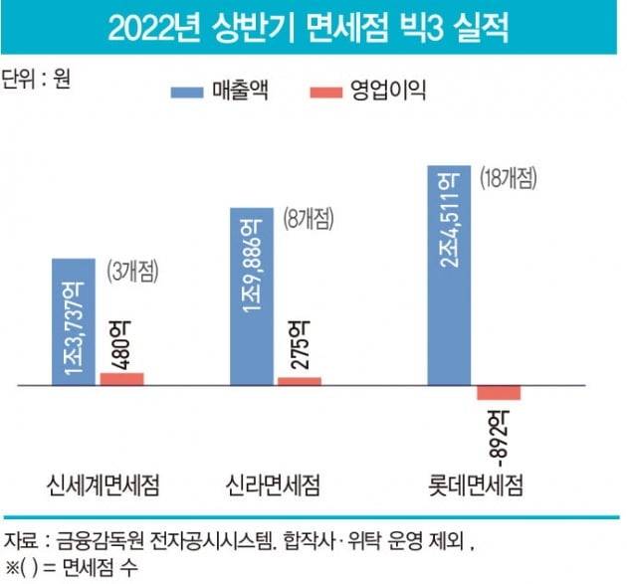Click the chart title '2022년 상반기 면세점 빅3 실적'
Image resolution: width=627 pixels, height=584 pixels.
tap(313, 27)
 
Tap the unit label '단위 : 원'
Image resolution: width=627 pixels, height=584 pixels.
tap(39, 79)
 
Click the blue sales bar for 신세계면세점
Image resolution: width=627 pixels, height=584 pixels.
tap(75, 320)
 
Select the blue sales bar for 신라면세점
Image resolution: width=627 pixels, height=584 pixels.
tap(253, 294)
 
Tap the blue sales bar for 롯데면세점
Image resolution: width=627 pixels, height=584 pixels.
tap(450, 274)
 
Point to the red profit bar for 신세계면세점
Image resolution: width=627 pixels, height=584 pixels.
tap(121, 378)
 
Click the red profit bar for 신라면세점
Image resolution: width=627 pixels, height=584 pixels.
tap(299, 380)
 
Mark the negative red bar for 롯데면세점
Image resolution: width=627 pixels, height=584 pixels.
tap(499, 392)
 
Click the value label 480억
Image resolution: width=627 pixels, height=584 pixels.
tap(121, 341)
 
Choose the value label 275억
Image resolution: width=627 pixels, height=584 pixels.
tap(299, 345)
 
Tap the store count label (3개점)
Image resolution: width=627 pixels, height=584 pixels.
tap(133, 271)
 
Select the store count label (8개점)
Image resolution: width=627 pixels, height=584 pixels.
tap(307, 218)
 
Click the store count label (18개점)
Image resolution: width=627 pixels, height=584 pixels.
tap(508, 179)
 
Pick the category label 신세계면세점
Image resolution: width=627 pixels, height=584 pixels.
tap(104, 486)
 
